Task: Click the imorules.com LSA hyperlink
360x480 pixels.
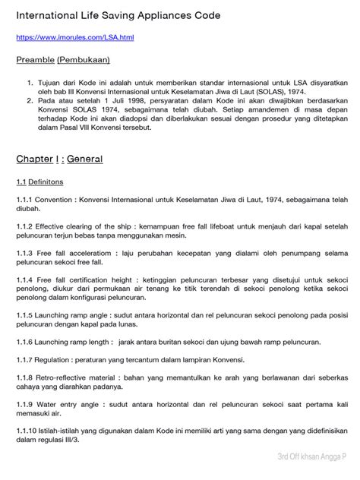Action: point(75,36)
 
